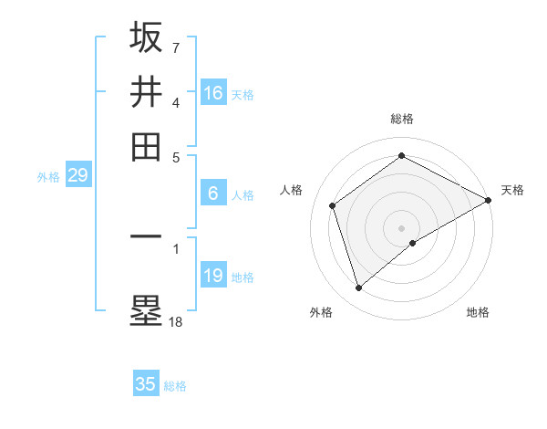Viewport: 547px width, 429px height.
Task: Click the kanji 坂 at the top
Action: pos(146,37)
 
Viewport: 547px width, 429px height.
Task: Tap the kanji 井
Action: pos(146,92)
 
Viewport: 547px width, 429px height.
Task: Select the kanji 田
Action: pos(146,147)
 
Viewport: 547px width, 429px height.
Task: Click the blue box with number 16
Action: pos(213,93)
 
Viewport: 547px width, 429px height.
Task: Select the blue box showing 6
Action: pos(213,194)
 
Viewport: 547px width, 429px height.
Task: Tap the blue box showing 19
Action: pos(213,276)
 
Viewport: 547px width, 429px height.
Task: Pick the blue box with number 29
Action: pos(77,175)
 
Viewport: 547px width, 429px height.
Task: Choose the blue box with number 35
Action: pos(146,384)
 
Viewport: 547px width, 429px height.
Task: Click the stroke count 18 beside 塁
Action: pos(175,320)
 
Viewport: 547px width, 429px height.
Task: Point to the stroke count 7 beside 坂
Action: pos(175,47)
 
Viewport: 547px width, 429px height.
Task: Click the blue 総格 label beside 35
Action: pos(175,386)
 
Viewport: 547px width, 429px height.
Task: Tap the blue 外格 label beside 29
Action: pos(47,177)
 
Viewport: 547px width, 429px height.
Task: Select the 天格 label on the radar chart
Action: pos(512,190)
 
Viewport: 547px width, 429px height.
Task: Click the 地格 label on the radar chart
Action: pos(478,312)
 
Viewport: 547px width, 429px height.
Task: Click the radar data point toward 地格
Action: pos(413,243)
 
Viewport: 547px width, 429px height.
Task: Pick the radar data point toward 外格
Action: pos(358,288)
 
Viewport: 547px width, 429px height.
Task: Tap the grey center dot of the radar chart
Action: pos(402,227)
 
